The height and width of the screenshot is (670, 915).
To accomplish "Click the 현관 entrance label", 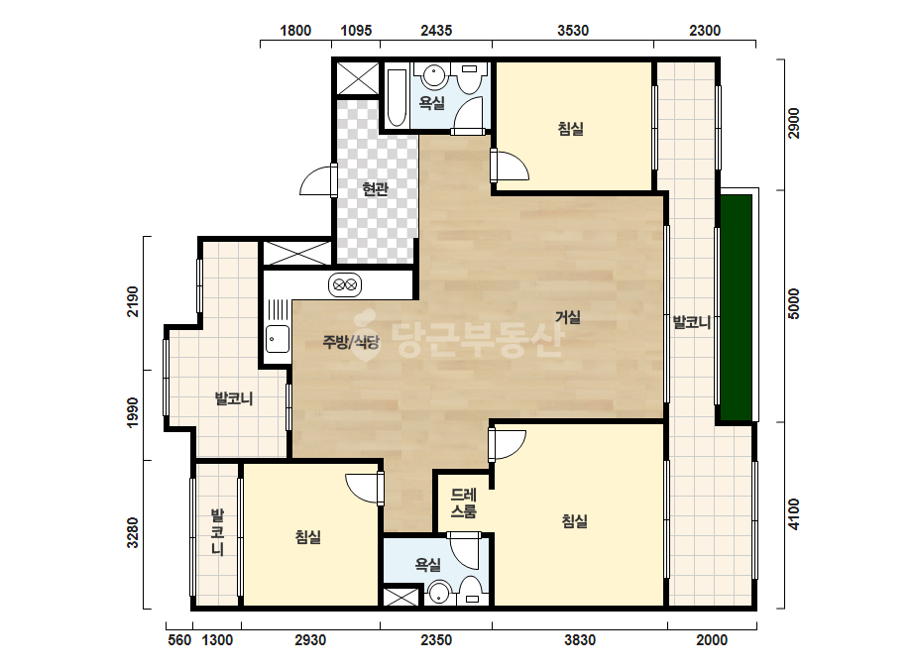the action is [x=376, y=189].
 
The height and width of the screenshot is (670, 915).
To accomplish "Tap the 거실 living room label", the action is [x=567, y=317].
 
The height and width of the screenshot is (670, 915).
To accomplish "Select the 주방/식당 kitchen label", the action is [x=351, y=342].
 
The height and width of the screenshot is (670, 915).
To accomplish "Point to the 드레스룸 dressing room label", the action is [x=464, y=503].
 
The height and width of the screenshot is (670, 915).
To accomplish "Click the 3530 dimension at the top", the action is [x=572, y=31].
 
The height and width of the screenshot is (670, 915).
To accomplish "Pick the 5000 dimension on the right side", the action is [x=794, y=303].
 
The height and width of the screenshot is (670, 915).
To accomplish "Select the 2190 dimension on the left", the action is [x=133, y=301].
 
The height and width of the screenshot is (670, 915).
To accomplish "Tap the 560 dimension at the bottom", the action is [x=179, y=640].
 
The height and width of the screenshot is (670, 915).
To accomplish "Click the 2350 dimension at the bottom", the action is [x=436, y=640].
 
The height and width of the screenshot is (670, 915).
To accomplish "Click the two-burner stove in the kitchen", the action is [x=344, y=285].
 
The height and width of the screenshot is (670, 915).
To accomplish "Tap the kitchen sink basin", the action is [x=278, y=339].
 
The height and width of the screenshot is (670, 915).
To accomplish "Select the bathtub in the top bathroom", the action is [x=397, y=97].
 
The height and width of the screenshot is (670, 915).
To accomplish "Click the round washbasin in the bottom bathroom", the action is [x=438, y=594].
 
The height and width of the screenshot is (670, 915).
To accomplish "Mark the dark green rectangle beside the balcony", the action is [x=736, y=307].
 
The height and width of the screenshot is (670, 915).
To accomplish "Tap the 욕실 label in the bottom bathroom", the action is [x=427, y=564].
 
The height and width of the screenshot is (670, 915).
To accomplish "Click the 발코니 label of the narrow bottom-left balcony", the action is [x=217, y=532].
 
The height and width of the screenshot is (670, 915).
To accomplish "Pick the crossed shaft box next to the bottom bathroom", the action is [x=400, y=598].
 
